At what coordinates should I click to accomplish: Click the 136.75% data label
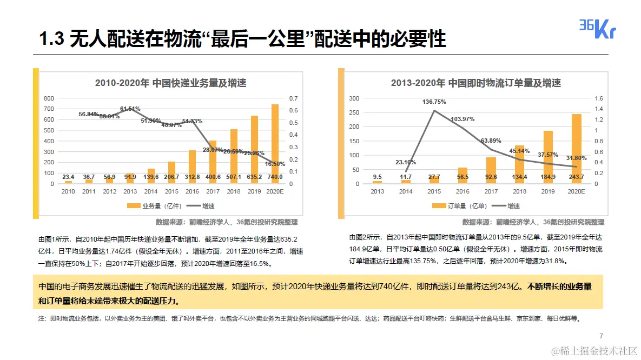(434, 102)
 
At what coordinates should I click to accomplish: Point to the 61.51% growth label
(130, 109)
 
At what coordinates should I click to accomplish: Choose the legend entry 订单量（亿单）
(460, 206)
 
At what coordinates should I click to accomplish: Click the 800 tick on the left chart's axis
(49, 98)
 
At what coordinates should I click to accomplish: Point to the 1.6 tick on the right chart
(598, 98)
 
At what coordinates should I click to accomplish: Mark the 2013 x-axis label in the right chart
(377, 191)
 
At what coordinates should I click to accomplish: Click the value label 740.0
(274, 177)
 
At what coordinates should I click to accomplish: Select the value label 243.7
(576, 177)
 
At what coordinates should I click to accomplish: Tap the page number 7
(601, 335)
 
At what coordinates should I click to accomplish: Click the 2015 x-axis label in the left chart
(171, 191)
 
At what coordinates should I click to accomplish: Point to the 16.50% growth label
(275, 163)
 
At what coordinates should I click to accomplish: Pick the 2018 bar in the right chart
(519, 162)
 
